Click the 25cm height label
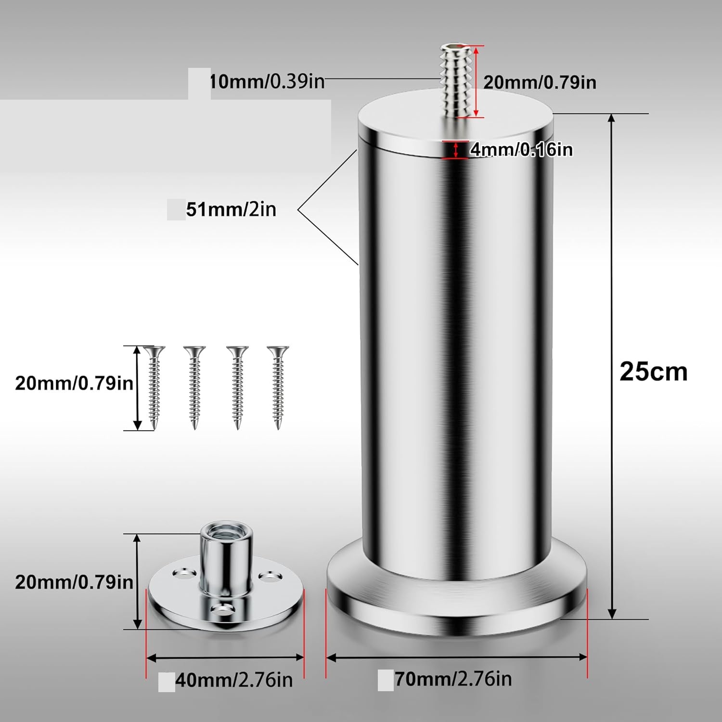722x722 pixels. point(653,372)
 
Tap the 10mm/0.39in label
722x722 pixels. point(267,81)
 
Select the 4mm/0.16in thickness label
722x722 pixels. point(522,150)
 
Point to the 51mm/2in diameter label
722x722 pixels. point(231,209)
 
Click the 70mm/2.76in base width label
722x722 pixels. point(453,679)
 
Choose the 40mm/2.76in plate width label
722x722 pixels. point(234,680)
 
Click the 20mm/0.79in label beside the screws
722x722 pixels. point(74,383)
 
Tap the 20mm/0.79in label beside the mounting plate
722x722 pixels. point(74,582)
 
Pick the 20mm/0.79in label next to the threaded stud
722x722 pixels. point(540,82)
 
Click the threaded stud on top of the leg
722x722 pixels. point(454,81)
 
